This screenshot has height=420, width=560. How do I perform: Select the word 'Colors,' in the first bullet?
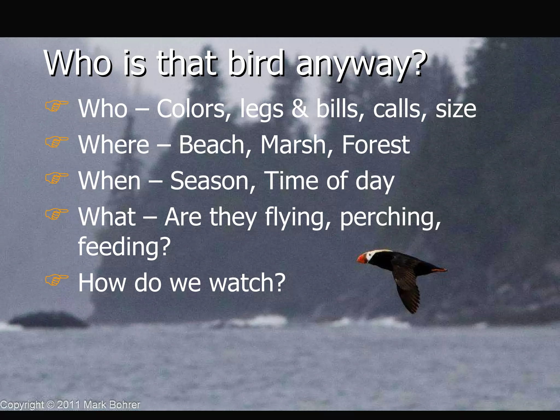[194, 109]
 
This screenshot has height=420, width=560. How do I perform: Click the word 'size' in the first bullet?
[456, 109]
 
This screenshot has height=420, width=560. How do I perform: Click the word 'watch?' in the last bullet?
[247, 283]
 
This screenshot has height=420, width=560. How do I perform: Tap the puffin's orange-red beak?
[361, 258]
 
